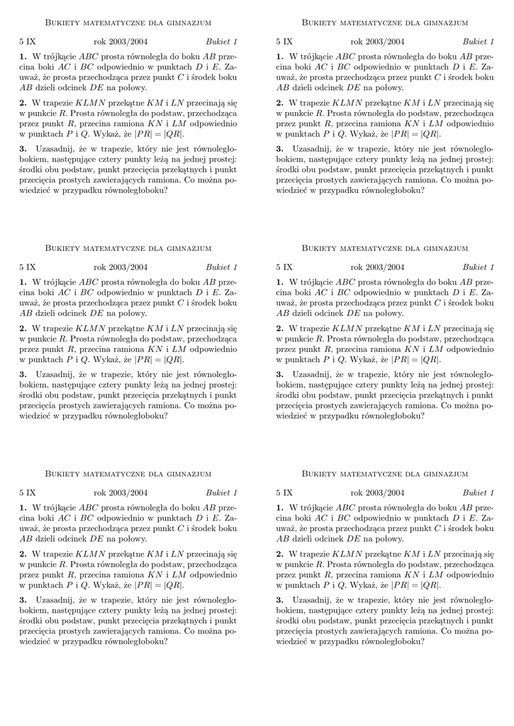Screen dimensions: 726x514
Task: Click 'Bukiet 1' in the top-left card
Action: click(x=221, y=42)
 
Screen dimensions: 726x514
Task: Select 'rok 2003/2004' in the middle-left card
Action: click(x=121, y=267)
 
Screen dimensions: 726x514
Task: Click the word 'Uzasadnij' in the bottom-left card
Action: click(x=52, y=601)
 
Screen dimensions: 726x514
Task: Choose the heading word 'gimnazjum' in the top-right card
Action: click(x=446, y=23)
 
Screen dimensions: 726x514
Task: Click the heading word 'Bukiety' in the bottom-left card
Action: click(x=62, y=474)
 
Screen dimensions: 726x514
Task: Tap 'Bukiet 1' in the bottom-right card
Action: click(x=478, y=493)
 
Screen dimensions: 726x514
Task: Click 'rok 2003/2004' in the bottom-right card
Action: click(x=377, y=493)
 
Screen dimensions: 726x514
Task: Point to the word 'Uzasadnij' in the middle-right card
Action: click(x=309, y=375)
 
